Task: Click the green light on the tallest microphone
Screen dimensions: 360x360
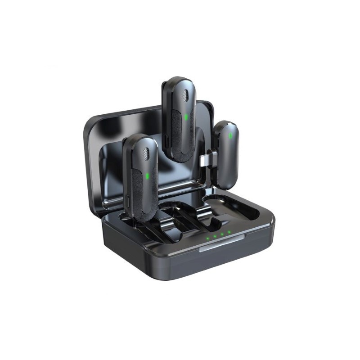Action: click(186, 117)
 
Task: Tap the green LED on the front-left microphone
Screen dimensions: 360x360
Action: click(147, 175)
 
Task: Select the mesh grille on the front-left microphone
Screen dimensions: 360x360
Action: click(146, 153)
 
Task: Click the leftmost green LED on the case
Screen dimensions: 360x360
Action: click(207, 237)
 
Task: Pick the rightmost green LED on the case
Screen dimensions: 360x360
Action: click(229, 232)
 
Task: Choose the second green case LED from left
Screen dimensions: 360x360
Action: click(215, 235)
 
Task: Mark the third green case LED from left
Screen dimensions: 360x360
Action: click(222, 234)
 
